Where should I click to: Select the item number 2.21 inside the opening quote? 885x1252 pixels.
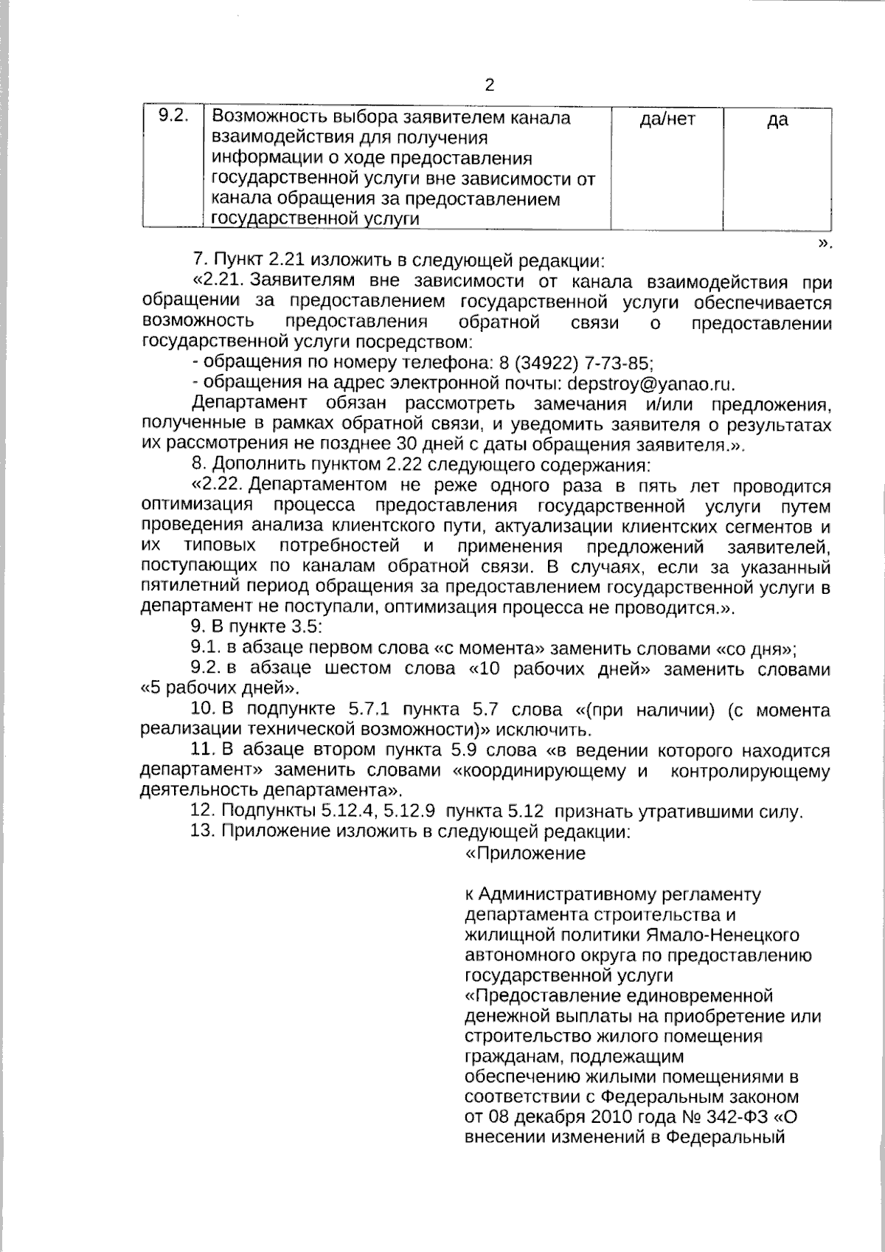[x=221, y=282]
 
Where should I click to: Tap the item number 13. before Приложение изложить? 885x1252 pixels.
[x=201, y=833]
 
